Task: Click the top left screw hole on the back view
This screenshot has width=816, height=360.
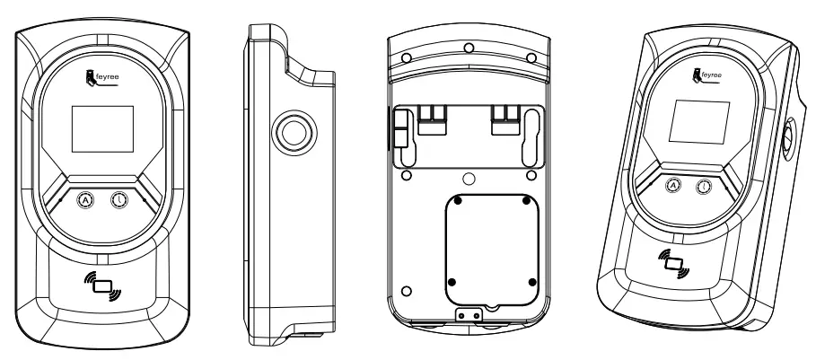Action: coord(407,57)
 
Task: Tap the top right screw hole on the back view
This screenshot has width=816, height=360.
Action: coord(531,57)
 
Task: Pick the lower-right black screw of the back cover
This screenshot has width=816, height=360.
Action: coord(532,282)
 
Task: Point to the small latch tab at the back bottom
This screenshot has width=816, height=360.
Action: coord(466,316)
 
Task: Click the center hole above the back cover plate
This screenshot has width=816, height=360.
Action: coord(469,177)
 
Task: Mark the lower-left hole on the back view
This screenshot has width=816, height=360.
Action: coord(406,291)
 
